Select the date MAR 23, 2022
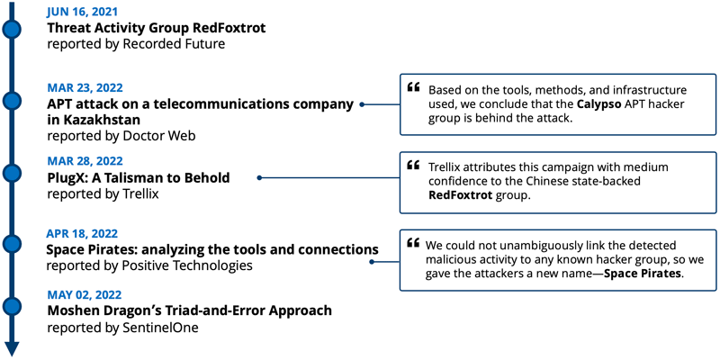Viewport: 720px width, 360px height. pos(85,87)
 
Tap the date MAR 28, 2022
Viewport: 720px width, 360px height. pos(85,161)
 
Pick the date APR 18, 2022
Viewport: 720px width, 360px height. pos(82,233)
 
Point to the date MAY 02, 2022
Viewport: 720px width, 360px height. pos(85,294)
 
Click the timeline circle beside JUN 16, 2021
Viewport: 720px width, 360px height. pos(12,30)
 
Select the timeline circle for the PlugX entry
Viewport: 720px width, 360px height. pos(12,173)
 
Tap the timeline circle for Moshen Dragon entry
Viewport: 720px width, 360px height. pos(12,306)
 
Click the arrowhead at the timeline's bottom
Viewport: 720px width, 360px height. pos(12,349)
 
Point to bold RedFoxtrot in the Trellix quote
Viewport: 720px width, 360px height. pos(460,194)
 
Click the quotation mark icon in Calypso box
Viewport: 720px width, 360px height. pos(413,86)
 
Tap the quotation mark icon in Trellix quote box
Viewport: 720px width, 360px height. pos(413,165)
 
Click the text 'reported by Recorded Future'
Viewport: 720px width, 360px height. pos(136,44)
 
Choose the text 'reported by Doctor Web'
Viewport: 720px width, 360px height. pos(121,136)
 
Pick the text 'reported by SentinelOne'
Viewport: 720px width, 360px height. pos(122,328)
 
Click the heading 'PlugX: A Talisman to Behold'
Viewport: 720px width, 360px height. pos(139,177)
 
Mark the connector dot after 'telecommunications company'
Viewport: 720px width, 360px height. pos(362,104)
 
